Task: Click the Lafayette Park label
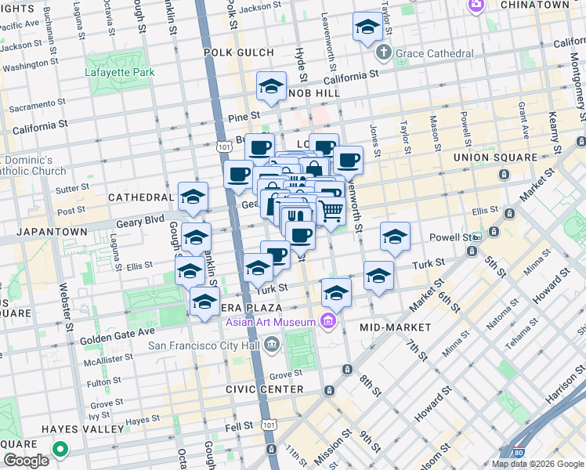(120, 73)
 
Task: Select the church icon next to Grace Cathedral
(382, 53)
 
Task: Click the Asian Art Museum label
(271, 322)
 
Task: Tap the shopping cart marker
(331, 209)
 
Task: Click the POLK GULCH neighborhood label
(239, 52)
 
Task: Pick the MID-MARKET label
(396, 327)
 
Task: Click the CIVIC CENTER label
(264, 389)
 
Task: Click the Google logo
(27, 461)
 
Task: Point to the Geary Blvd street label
(141, 222)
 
